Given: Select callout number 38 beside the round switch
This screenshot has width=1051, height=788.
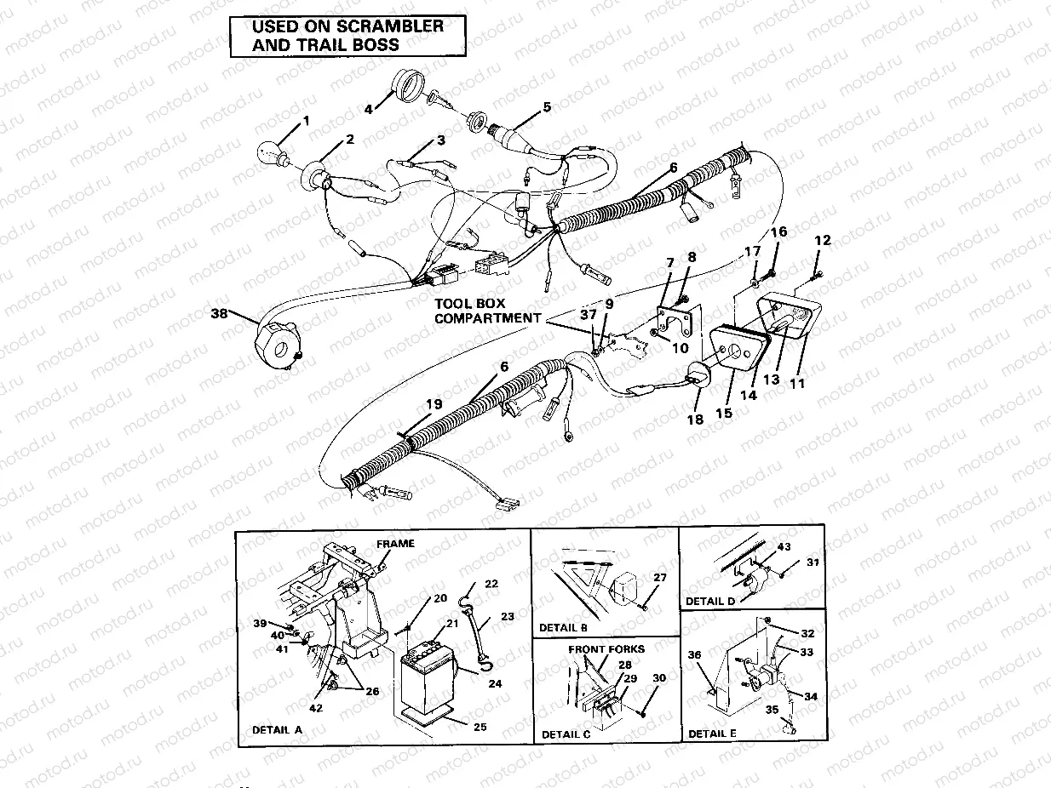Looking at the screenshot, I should point(220,314).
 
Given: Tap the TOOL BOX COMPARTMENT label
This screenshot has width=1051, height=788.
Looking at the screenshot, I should point(486,310).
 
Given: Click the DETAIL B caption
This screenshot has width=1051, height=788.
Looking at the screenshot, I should point(563,628).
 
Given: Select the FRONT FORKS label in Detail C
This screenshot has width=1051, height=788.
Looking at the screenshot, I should point(606,648).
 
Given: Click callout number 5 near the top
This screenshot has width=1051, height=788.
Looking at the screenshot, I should point(547,107).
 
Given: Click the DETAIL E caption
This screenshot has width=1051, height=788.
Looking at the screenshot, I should point(707,733).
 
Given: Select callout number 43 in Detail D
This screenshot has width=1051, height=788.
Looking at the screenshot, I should point(784,546).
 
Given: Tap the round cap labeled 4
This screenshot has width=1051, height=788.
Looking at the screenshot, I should point(408,89).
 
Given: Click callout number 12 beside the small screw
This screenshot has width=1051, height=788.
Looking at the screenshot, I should point(822,241).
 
